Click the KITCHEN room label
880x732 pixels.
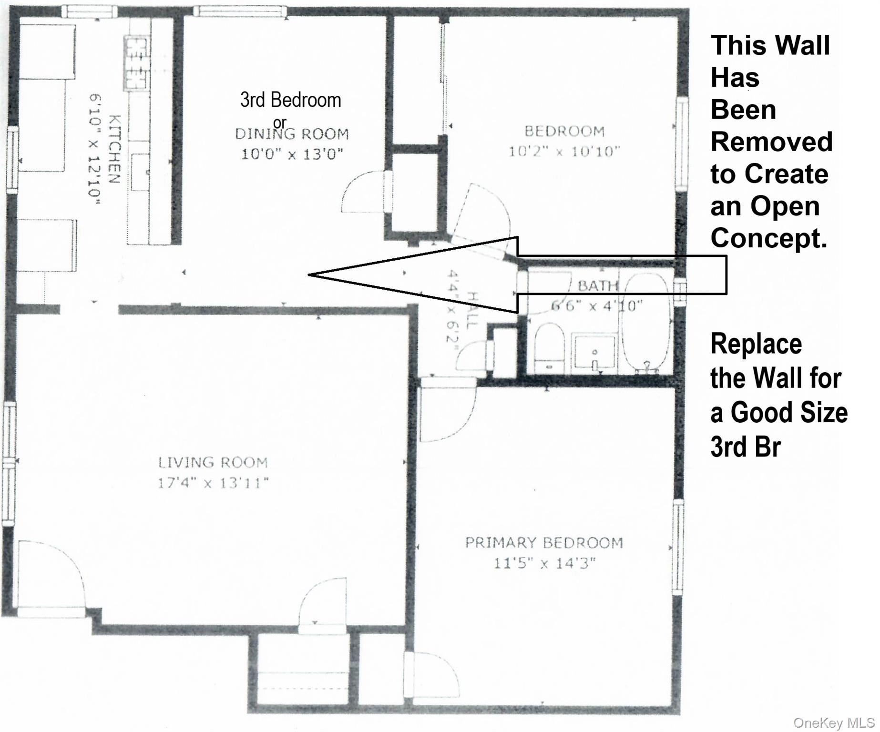coord(115,149)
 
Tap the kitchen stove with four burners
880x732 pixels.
coord(137,63)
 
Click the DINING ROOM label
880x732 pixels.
coord(292,134)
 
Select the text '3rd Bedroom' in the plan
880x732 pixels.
coord(291,100)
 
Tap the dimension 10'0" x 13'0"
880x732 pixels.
coord(292,154)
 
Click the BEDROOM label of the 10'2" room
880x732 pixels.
coord(564,131)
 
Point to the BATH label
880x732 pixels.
coord(598,286)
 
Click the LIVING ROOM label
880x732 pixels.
coord(213,462)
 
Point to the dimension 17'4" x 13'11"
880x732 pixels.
coord(213,483)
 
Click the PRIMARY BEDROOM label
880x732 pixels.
coord(544,542)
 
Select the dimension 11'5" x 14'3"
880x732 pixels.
coord(544,563)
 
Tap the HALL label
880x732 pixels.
coord(472,310)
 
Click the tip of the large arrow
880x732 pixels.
coord(308,274)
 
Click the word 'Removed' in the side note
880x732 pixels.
coord(771,142)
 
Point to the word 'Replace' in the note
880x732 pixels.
coord(756,344)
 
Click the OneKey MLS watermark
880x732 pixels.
coord(835,722)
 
